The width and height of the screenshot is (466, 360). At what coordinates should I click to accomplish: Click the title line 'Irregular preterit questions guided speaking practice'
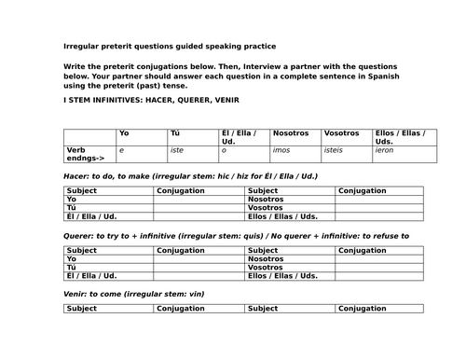pos(170,46)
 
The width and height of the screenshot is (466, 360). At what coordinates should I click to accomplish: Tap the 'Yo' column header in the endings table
pos(125,133)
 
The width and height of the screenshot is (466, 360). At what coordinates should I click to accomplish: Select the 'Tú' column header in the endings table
pos(175,133)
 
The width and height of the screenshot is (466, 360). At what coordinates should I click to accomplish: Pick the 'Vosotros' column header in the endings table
pos(342,133)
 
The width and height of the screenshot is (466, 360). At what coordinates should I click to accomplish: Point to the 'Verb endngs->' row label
pos(85,152)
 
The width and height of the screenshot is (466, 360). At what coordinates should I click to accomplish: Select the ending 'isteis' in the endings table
pos(335,149)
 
